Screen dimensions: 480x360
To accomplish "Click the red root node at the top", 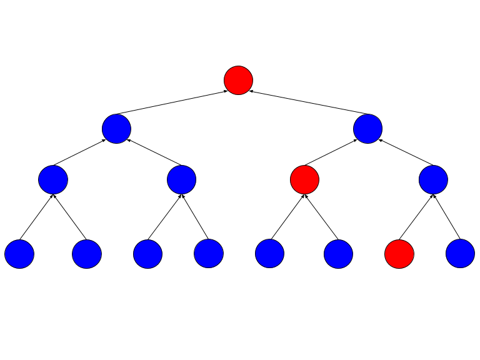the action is [238, 80].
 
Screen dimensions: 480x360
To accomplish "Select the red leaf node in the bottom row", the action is [399, 254].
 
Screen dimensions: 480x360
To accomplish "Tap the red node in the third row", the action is [304, 179].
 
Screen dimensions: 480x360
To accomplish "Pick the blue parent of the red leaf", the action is [433, 179].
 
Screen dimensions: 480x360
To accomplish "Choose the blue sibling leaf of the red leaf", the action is [460, 254].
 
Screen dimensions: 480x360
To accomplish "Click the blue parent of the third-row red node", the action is [367, 129].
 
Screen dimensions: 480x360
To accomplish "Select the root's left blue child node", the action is [116, 129].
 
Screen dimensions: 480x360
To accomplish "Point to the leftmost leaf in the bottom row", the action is [19, 254].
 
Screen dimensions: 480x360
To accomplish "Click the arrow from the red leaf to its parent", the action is [416, 217].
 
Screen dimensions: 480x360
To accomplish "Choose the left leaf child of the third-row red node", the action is [269, 254].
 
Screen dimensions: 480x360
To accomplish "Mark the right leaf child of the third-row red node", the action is [338, 254].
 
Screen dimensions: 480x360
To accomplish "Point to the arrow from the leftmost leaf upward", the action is [36, 217].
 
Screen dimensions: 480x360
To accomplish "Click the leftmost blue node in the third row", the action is [52, 179].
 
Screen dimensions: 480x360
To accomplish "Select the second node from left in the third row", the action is [181, 179].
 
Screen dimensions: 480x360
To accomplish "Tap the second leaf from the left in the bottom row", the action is [87, 254].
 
